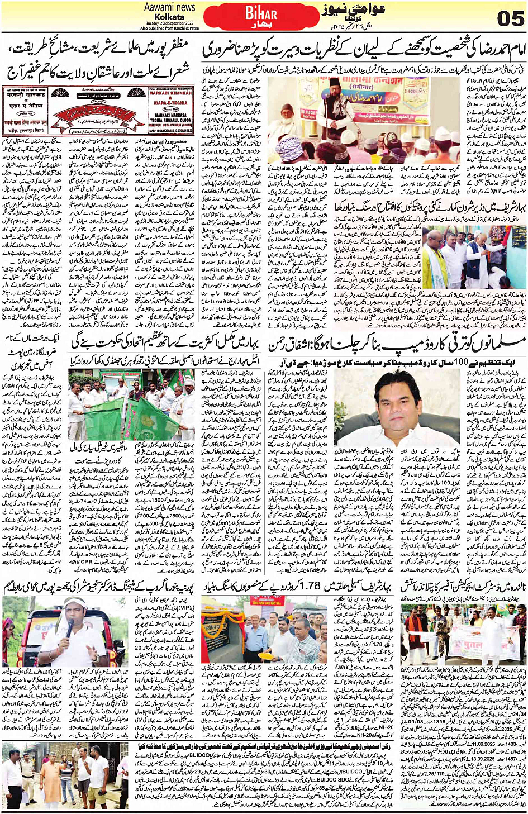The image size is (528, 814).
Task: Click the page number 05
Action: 510,18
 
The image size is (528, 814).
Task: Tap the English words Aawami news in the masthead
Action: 169,7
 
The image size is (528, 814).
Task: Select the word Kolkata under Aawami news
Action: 169,17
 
